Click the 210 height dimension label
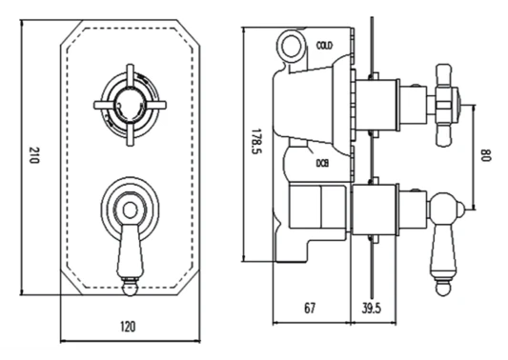[x=34, y=155]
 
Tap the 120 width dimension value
[x=128, y=327]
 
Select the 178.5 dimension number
[x=257, y=142]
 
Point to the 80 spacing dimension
[x=486, y=155]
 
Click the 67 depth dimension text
[x=310, y=308]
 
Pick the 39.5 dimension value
[x=372, y=308]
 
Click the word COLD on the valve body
[x=324, y=46]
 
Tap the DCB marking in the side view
[x=322, y=164]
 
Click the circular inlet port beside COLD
[x=292, y=46]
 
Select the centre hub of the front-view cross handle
[x=130, y=105]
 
